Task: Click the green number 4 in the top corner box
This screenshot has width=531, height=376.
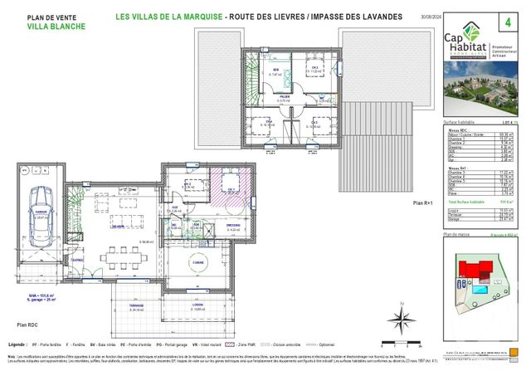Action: tap(508, 17)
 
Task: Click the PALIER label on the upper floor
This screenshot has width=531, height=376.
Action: tap(285, 96)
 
